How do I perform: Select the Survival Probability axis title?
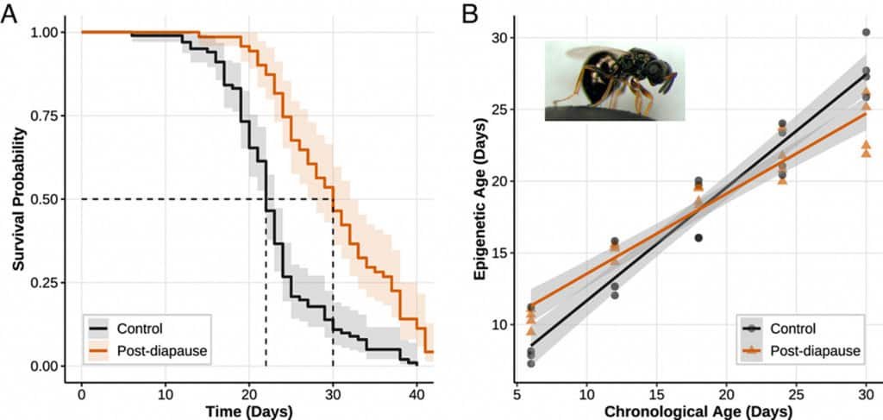tap(18, 198)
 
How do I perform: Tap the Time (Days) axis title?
tap(248, 411)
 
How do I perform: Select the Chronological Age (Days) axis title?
tap(698, 411)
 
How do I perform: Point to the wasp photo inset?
tap(614, 80)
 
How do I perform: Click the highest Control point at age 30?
tap(866, 33)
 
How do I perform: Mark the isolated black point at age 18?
tap(698, 238)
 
